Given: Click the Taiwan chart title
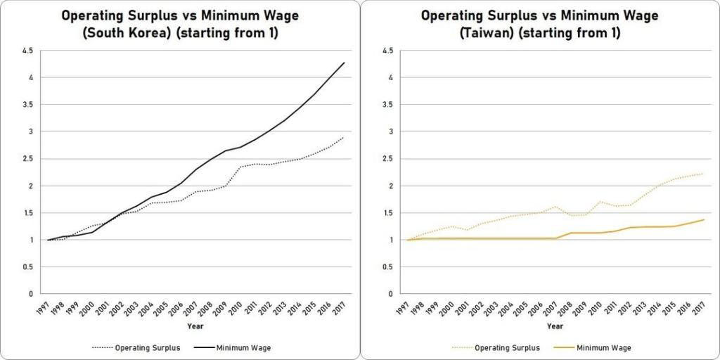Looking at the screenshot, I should (539, 23).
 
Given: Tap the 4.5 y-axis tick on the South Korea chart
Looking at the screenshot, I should (28, 51).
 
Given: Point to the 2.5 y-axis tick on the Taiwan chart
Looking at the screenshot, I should (387, 159).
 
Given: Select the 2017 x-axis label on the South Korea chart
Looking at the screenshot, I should (340, 307).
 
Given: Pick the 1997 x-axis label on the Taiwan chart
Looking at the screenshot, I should (403, 307).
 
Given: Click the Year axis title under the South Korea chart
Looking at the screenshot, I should (195, 326).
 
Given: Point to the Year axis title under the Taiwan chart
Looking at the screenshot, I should (555, 326).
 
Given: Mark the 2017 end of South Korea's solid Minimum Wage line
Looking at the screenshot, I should (345, 63).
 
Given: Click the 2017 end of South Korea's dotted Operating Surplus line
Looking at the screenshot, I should (345, 137).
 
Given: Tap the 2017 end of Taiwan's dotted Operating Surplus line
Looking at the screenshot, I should (704, 174).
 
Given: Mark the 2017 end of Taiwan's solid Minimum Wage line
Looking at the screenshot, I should (704, 219).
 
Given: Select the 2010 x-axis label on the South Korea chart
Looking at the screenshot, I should (236, 307).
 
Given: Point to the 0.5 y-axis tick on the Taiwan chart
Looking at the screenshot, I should (387, 267).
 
